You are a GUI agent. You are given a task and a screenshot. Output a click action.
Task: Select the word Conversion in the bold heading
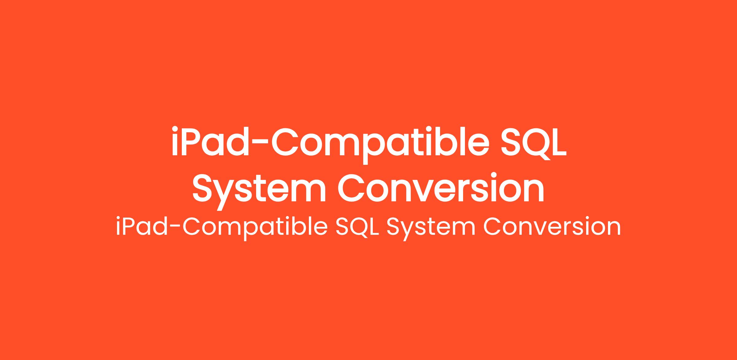click(441, 188)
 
